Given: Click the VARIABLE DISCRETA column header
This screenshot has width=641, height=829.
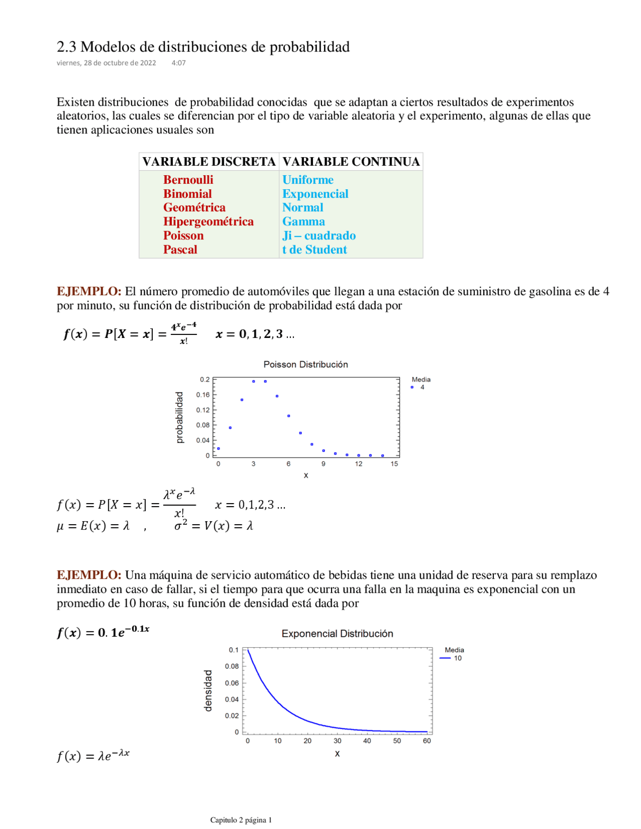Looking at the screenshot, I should pos(209,162).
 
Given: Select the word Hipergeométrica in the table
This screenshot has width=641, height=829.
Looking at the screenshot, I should pos(208,222).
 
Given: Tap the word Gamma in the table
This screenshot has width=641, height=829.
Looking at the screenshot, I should pos(303,222).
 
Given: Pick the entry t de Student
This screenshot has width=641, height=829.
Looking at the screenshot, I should pos(314,250).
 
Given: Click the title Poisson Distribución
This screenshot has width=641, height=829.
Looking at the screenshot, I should pos(305,364).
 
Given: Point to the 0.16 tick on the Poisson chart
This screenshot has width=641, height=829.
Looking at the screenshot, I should pos(203,395).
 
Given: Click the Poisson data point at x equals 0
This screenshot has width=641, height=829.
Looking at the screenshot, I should pos(218,449).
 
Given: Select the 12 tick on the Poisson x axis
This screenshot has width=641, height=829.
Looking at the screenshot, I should pos(359,464).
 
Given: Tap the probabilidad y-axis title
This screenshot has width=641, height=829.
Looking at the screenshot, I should pos(179,418).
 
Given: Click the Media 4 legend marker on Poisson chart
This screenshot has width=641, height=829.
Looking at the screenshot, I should pos(412,387).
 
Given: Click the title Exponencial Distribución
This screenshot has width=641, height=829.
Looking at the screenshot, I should pos(337,634).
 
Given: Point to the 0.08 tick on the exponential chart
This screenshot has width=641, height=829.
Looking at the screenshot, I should pos(232,666).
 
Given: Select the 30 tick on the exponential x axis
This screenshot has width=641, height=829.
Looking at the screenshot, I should pos(338,741).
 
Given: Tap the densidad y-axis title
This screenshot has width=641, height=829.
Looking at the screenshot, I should pos(208,691).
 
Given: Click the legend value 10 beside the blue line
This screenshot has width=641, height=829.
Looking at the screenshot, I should pos(458,658).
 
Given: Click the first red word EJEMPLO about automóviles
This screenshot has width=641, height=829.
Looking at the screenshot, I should pos(89,291).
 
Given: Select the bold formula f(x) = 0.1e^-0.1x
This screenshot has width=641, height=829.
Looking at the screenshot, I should pos(103,632).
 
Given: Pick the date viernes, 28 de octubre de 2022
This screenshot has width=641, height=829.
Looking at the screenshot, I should pos(106,63).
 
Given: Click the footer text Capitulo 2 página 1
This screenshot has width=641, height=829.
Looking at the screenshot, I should pos(241,820).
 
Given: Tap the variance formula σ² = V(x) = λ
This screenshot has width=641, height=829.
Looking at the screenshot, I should pos(213,526).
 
